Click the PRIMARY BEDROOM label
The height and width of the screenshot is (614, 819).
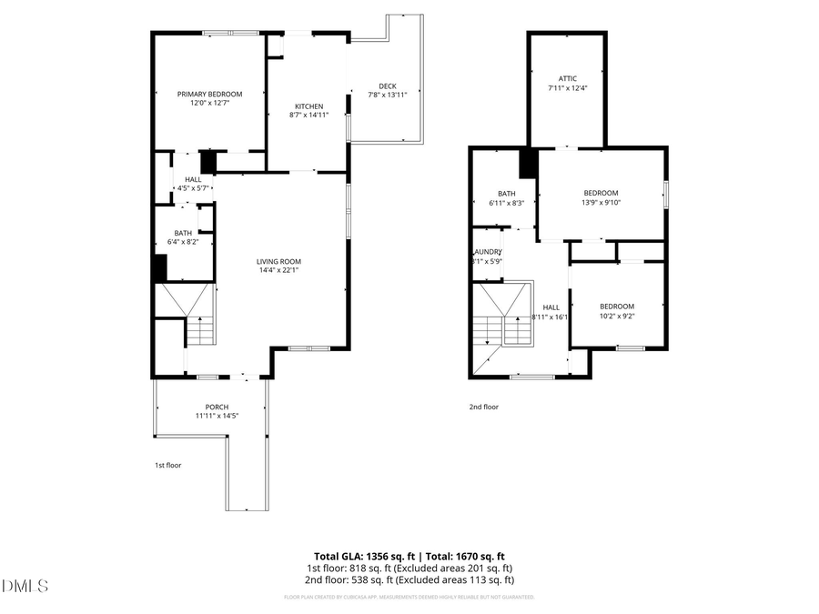(x=209, y=95)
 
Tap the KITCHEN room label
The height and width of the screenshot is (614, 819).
(x=308, y=106)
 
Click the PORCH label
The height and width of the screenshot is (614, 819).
(x=217, y=407)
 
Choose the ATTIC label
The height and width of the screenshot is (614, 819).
(x=568, y=78)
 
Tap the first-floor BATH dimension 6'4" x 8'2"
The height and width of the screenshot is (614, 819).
(x=183, y=244)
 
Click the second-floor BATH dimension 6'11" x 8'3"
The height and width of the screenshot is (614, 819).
(x=507, y=203)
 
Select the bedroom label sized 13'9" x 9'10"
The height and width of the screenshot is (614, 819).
(x=601, y=203)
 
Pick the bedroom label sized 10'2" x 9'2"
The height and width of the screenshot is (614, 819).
(x=617, y=317)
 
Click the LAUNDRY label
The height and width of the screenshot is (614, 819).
(x=487, y=252)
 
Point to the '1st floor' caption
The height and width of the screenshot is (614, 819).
(x=167, y=465)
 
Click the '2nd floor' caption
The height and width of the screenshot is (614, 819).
(x=483, y=407)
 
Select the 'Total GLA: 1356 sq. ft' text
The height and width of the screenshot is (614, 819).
(x=359, y=556)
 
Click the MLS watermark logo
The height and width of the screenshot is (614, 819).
(x=25, y=587)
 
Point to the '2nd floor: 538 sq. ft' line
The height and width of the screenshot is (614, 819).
(x=409, y=579)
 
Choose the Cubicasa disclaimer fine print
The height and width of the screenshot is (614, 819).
(x=409, y=598)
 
